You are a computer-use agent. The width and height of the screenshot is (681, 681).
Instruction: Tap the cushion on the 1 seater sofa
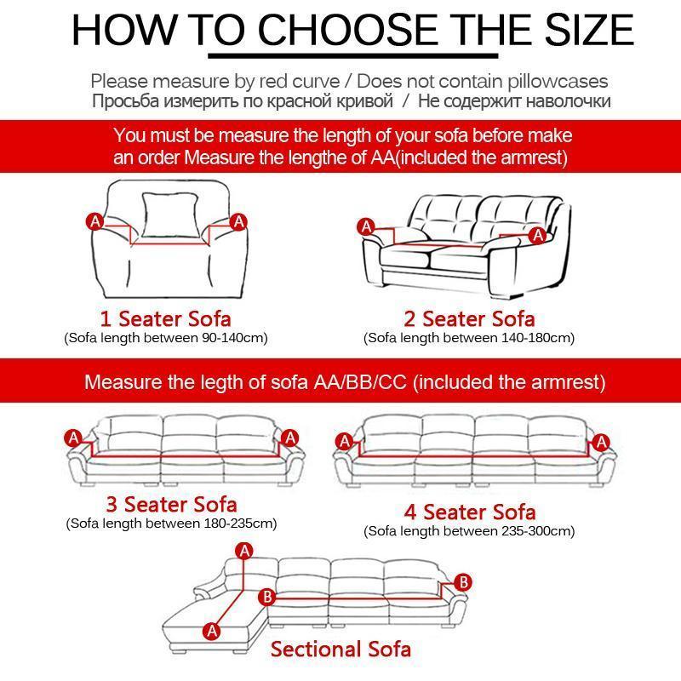pyautogui.click(x=166, y=215)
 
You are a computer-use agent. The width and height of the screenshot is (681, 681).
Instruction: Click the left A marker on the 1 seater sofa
pyautogui.click(x=94, y=221)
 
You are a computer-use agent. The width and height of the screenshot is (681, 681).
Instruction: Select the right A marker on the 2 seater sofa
pyautogui.click(x=536, y=234)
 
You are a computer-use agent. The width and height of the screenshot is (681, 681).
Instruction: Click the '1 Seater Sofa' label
pyautogui.click(x=165, y=319)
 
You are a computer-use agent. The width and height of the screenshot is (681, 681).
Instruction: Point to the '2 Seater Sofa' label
pyautogui.click(x=469, y=319)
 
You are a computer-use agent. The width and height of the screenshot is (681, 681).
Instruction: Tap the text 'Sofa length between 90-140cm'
pyautogui.click(x=166, y=338)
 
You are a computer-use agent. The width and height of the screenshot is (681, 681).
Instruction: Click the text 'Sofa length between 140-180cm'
pyautogui.click(x=469, y=338)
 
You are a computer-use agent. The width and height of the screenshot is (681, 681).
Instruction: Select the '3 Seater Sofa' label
pyautogui.click(x=171, y=504)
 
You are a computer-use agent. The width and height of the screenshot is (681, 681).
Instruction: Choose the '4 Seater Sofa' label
pyautogui.click(x=469, y=512)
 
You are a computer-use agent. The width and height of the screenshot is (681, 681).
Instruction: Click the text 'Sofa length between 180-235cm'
pyautogui.click(x=171, y=523)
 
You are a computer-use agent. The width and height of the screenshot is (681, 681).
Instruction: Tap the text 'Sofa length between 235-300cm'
pyautogui.click(x=469, y=531)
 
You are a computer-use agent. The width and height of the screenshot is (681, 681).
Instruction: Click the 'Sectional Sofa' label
pyautogui.click(x=340, y=650)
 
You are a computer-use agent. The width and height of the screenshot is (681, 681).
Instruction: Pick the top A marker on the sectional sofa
pyautogui.click(x=245, y=551)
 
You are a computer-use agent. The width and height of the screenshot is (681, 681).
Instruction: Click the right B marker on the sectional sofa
pyautogui.click(x=464, y=582)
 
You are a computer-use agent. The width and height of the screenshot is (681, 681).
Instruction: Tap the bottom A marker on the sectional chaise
pyautogui.click(x=212, y=631)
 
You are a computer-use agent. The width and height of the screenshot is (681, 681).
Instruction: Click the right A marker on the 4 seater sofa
pyautogui.click(x=603, y=442)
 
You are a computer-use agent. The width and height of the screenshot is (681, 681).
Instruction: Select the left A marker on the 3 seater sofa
pyautogui.click(x=74, y=438)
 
